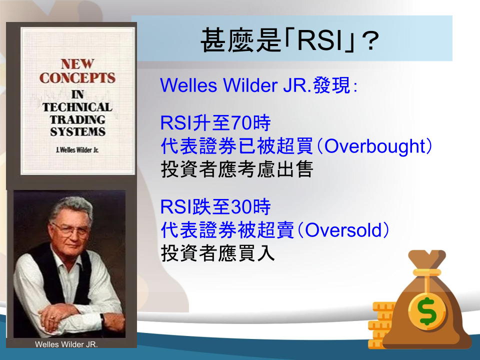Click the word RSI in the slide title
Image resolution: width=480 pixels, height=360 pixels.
pyautogui.click(x=320, y=40)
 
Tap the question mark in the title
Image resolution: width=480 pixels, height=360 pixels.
pyautogui.click(x=370, y=40)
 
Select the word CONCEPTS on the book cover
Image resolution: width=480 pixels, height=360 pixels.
pyautogui.click(x=77, y=78)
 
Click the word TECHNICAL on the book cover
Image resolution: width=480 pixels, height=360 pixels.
pyautogui.click(x=77, y=107)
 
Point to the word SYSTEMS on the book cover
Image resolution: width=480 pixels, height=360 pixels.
pyautogui.click(x=78, y=131)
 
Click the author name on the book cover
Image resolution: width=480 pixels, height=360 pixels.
pyautogui.click(x=77, y=150)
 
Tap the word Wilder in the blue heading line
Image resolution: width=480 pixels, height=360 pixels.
pyautogui.click(x=250, y=85)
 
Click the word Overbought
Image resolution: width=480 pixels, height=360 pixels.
pyautogui.click(x=375, y=146)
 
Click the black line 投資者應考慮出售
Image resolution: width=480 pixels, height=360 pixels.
pyautogui.click(x=237, y=169)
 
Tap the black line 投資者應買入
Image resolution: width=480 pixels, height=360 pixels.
pyautogui.click(x=217, y=253)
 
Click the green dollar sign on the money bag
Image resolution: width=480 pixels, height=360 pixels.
pyautogui.click(x=427, y=310)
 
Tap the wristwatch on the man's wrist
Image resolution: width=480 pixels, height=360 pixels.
pyautogui.click(x=102, y=318)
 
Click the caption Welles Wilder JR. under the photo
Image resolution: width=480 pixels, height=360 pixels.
pyautogui.click(x=66, y=344)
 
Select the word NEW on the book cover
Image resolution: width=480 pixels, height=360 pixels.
pyautogui.click(x=77, y=64)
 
